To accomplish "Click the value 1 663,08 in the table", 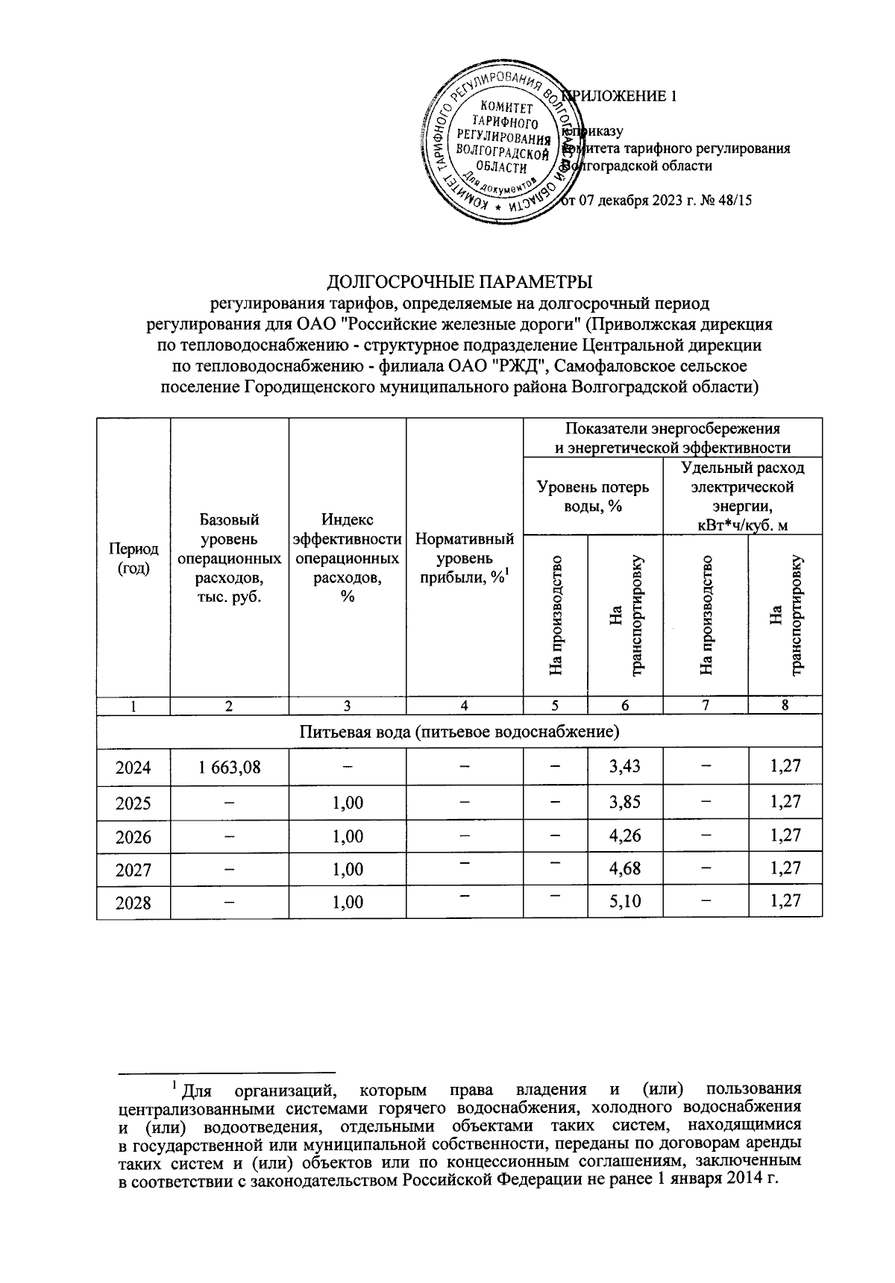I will click(x=229, y=766).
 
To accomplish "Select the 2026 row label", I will click(x=134, y=836).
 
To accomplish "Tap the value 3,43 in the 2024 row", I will click(x=624, y=765).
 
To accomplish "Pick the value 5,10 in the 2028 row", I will click(x=624, y=901).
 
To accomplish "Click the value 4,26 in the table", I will click(x=624, y=835).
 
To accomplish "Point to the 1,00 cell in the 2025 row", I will click(x=348, y=803).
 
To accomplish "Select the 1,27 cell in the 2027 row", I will click(x=785, y=868).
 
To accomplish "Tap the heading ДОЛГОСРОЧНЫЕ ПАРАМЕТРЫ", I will click(x=460, y=282).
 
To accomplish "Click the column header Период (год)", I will click(x=134, y=557).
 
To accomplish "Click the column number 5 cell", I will click(x=555, y=706).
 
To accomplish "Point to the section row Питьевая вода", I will click(x=459, y=731).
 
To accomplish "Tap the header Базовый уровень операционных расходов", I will click(x=229, y=557).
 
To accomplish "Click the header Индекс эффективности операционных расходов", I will click(x=348, y=557).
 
